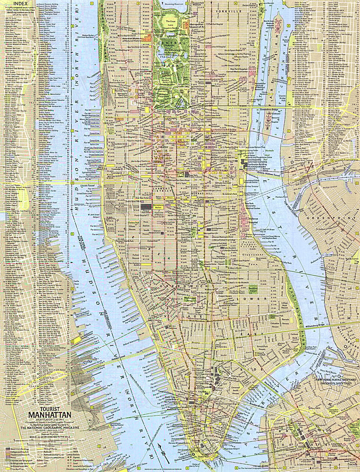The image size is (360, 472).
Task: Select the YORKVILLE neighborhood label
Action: [225, 9]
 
